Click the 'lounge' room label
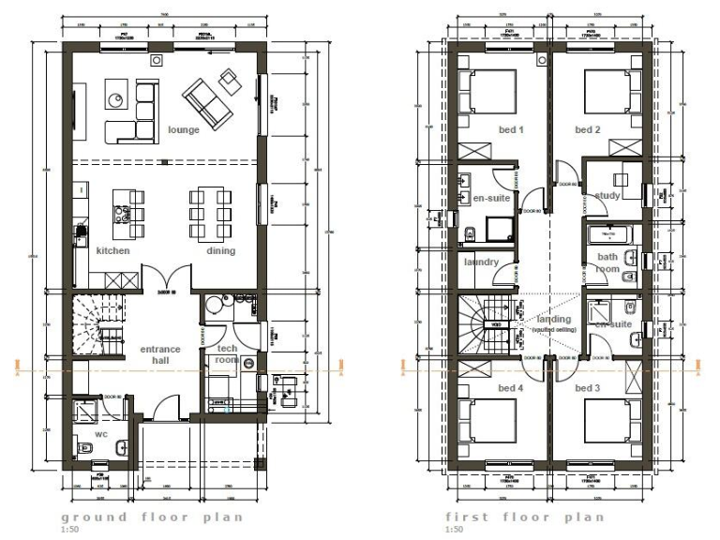[x=184, y=129]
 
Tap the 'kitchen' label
[x=112, y=251]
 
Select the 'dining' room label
[x=221, y=251]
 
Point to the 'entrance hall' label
[x=160, y=355]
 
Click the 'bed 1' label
[x=484, y=129]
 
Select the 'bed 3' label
[x=587, y=387]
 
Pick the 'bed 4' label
[x=484, y=387]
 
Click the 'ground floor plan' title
[x=152, y=517]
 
